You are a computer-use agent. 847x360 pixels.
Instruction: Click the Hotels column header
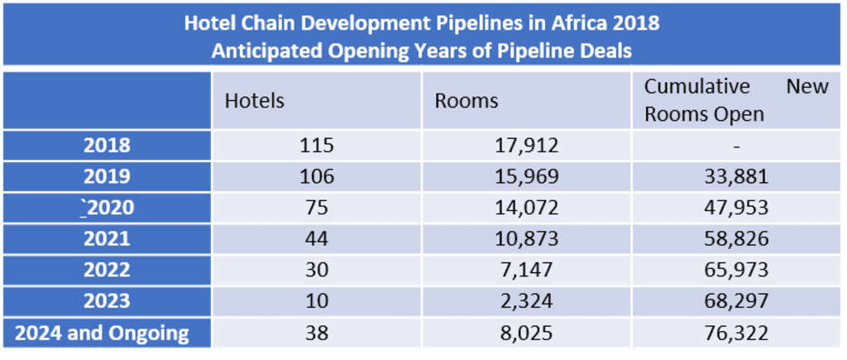[x=255, y=101]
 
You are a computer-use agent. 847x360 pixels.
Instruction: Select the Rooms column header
[x=467, y=101]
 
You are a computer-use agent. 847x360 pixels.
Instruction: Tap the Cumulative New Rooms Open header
[x=735, y=100]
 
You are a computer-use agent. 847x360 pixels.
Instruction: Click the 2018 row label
[x=107, y=146]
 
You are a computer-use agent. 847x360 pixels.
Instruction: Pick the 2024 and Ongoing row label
[x=102, y=334]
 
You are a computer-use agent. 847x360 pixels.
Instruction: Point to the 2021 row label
[x=107, y=239]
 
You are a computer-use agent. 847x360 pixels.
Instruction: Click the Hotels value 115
[x=317, y=146]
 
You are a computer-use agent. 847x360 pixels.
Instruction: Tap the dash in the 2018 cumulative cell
[x=735, y=146]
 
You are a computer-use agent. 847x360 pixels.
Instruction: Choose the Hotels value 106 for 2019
[x=317, y=176]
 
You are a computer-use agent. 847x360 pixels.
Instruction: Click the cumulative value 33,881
[x=735, y=176]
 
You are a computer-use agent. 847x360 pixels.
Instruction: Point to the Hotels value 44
[x=317, y=239]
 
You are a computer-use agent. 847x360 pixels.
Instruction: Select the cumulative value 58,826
[x=735, y=239]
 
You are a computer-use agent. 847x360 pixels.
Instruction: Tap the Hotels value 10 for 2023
[x=317, y=302]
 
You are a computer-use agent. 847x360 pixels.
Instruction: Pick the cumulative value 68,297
[x=735, y=302]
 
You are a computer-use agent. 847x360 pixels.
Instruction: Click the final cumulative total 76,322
[x=735, y=334]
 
